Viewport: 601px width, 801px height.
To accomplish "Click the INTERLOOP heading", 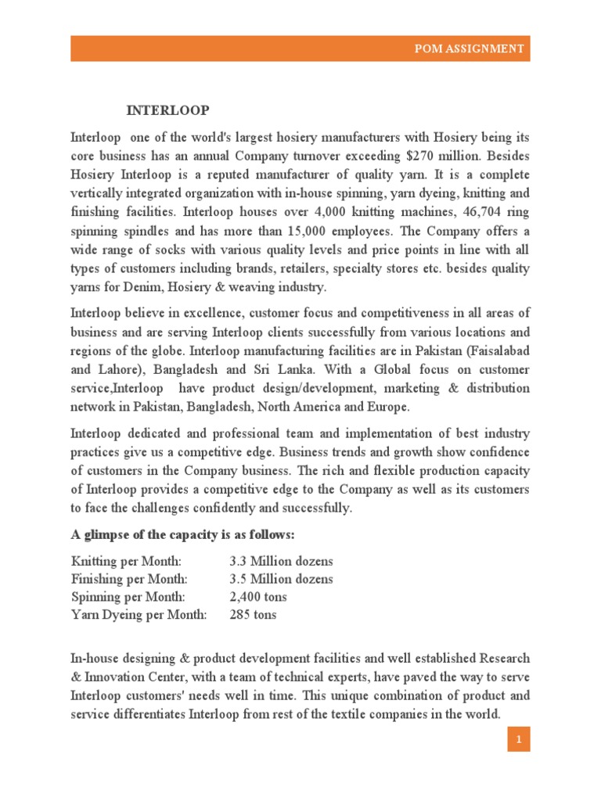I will pos(168,109).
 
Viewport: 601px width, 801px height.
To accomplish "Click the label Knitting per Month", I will pos(126,561).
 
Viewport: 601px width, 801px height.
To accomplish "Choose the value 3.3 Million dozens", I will pos(281,561).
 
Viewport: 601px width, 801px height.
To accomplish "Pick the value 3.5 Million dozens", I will pos(281,579).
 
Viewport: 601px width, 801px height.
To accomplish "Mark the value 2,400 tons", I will pos(258,597).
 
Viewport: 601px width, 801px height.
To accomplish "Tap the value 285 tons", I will pos(253,615).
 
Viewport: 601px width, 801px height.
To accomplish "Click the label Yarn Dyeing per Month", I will pos(139,615).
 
